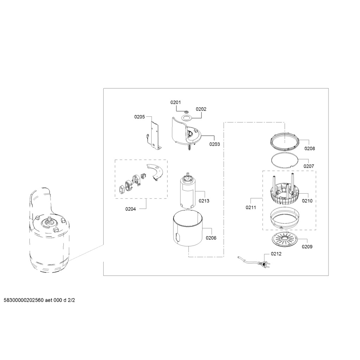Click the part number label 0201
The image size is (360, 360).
(175, 102)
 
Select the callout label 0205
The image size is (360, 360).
(140, 117)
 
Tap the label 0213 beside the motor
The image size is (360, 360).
(204, 201)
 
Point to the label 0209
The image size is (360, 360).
(307, 246)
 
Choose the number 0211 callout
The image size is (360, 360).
(251, 207)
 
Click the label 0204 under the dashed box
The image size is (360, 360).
(130, 209)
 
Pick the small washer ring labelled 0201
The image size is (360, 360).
(186, 111)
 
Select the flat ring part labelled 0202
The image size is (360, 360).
(186, 117)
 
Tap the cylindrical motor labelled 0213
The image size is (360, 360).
(187, 191)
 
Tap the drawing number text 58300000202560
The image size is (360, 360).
(24, 300)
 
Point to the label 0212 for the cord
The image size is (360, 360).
(276, 254)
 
